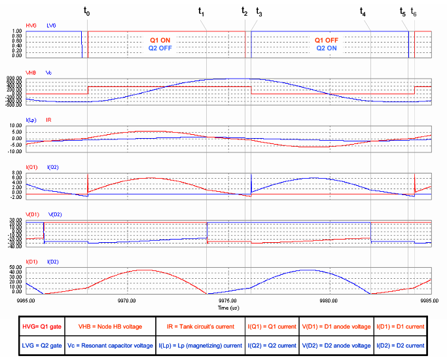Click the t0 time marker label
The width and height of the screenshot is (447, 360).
pos(87,12)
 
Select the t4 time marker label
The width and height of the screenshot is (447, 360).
pos(363,12)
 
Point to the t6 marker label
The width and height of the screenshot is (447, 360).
pos(413,12)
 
